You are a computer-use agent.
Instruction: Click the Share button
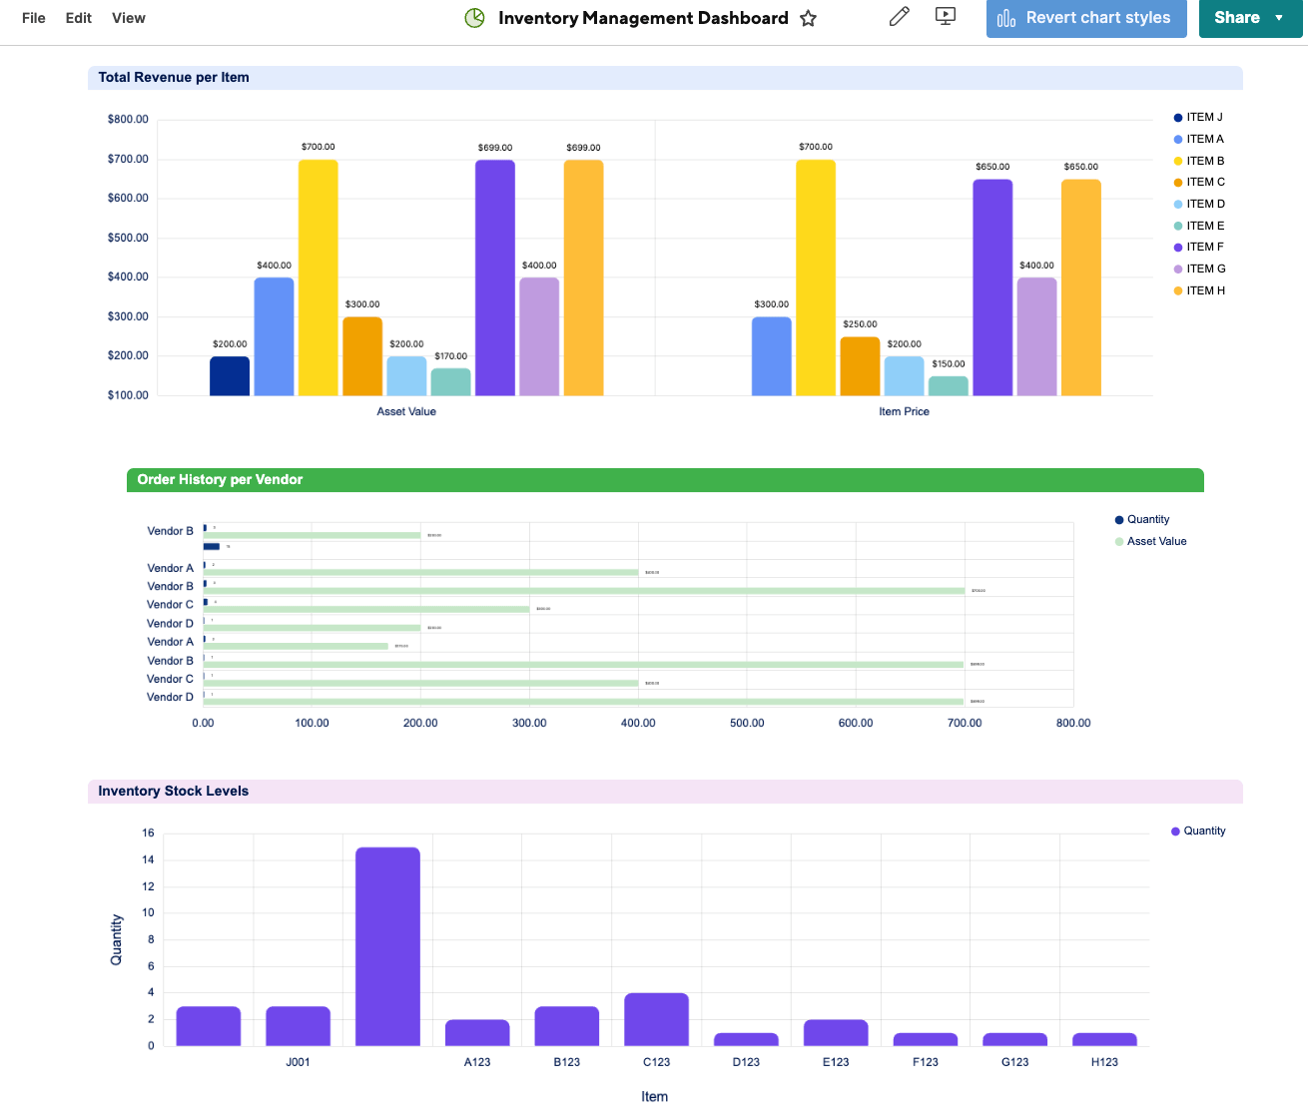[x=1236, y=18]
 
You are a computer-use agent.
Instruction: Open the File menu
[x=33, y=18]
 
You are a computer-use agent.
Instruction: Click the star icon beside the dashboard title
[x=809, y=18]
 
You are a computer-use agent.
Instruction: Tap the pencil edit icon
[x=899, y=17]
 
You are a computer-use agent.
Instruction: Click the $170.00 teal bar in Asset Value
[x=450, y=382]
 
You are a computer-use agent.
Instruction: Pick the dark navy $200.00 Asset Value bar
[x=230, y=376]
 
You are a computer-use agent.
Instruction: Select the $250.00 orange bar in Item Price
[x=860, y=366]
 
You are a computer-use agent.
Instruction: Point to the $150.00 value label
[x=948, y=364]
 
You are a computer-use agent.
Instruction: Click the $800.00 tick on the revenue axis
[x=128, y=119]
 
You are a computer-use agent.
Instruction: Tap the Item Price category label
[x=904, y=411]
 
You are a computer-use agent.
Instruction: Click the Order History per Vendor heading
[x=220, y=480]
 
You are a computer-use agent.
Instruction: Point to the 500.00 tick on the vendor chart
[x=747, y=723]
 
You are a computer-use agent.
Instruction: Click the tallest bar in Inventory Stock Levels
[x=387, y=946]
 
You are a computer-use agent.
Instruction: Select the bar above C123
[x=656, y=1019]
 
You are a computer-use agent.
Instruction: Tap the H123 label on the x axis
[x=1104, y=1062]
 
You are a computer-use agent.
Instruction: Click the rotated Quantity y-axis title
[x=117, y=939]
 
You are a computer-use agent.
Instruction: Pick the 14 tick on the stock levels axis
[x=149, y=859]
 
